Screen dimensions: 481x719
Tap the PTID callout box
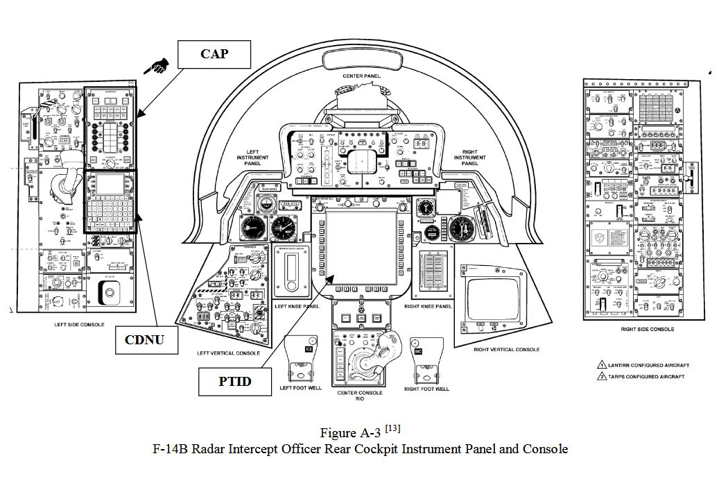234,381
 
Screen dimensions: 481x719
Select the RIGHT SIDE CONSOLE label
647,329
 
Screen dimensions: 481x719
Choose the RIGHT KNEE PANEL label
428,306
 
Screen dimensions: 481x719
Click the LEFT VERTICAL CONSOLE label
228,353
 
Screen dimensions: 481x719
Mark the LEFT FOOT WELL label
300,389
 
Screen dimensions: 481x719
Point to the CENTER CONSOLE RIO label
360,396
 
